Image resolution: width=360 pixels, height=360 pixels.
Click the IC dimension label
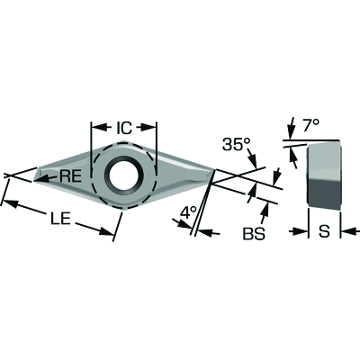124,128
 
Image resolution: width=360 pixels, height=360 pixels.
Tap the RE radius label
71,176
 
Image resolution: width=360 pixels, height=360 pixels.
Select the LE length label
60,219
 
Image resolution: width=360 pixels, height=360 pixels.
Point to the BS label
254,234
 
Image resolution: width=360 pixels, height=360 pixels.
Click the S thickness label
324,231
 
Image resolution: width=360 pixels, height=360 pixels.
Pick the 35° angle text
236,145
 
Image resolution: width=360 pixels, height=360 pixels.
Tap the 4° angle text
188,213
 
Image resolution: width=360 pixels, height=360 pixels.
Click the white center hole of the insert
121,177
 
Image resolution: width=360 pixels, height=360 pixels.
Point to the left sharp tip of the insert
33,181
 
